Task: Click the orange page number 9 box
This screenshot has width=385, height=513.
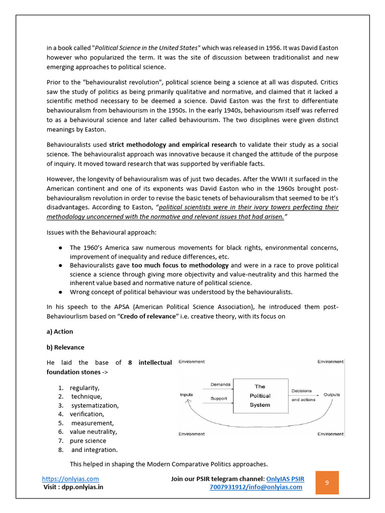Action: pyautogui.click(x=327, y=482)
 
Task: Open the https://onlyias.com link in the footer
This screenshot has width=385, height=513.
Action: pyautogui.click(x=70, y=479)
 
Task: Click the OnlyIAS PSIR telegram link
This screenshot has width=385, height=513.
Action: pyautogui.click(x=285, y=479)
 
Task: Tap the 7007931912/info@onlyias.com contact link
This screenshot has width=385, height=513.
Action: pyautogui.click(x=256, y=487)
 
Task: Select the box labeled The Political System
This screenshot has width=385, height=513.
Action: pyautogui.click(x=260, y=396)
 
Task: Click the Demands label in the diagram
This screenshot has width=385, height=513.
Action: pyautogui.click(x=221, y=385)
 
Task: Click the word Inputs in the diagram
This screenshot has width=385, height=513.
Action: pyautogui.click(x=186, y=395)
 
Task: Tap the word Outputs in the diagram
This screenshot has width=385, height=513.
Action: pyautogui.click(x=331, y=395)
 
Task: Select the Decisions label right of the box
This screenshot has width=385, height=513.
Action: pyautogui.click(x=301, y=391)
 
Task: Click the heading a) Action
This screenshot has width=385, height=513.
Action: pyautogui.click(x=60, y=332)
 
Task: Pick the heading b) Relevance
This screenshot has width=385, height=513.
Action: pyautogui.click(x=65, y=347)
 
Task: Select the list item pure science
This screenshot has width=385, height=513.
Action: pyautogui.click(x=88, y=441)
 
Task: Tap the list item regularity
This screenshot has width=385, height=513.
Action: pyautogui.click(x=85, y=388)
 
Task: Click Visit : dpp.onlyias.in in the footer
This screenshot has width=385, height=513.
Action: pyautogui.click(x=74, y=487)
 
